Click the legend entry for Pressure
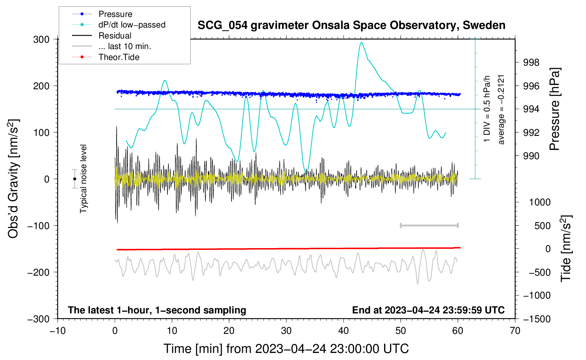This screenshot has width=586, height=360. click(102, 14)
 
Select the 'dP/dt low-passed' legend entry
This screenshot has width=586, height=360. click(119, 25)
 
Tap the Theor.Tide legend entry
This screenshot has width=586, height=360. click(106, 57)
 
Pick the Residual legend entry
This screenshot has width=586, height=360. click(102, 36)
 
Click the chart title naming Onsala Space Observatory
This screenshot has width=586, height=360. click(351, 25)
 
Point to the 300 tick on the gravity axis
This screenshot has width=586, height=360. click(41, 40)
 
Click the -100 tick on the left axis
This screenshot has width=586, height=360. click(38, 226)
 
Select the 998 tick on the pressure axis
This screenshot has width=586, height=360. click(531, 62)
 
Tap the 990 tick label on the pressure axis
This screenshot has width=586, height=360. click(531, 156)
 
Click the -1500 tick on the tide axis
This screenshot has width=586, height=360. click(537, 319)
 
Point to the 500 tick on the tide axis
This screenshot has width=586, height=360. click(542, 226)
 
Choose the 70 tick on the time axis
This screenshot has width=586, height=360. click(515, 331)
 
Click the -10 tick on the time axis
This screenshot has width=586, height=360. click(58, 331)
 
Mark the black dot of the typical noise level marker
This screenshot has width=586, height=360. click(74, 179)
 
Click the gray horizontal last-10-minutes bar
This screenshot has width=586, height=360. click(429, 225)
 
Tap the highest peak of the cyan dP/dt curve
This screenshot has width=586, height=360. click(361, 42)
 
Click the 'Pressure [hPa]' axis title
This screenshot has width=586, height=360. click(555, 109)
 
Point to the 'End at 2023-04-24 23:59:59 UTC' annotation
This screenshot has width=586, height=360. click(428, 310)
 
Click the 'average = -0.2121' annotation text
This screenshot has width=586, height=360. click(501, 110)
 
